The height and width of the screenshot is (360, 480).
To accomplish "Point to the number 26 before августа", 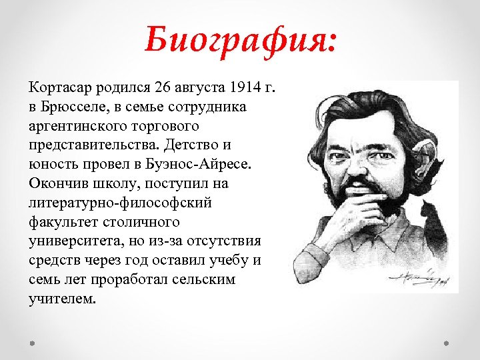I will point(162,88).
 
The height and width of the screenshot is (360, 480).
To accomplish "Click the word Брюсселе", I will point(74,107).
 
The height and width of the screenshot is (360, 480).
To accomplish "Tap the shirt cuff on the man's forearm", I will point(317,257).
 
